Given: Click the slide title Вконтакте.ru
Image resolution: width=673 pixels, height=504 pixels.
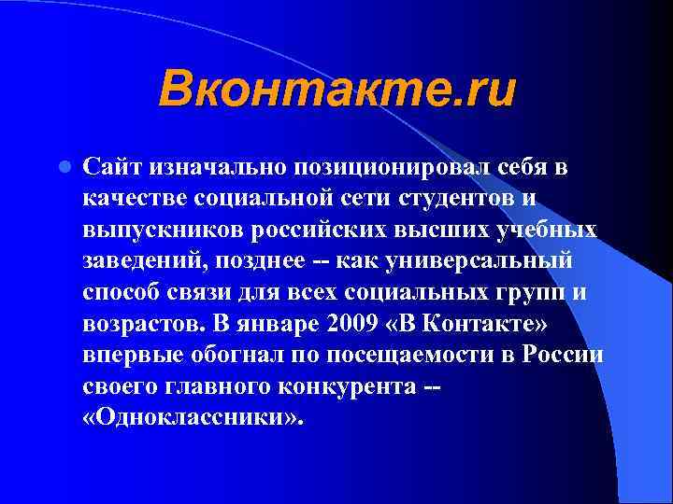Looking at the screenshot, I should pos(336,91).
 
